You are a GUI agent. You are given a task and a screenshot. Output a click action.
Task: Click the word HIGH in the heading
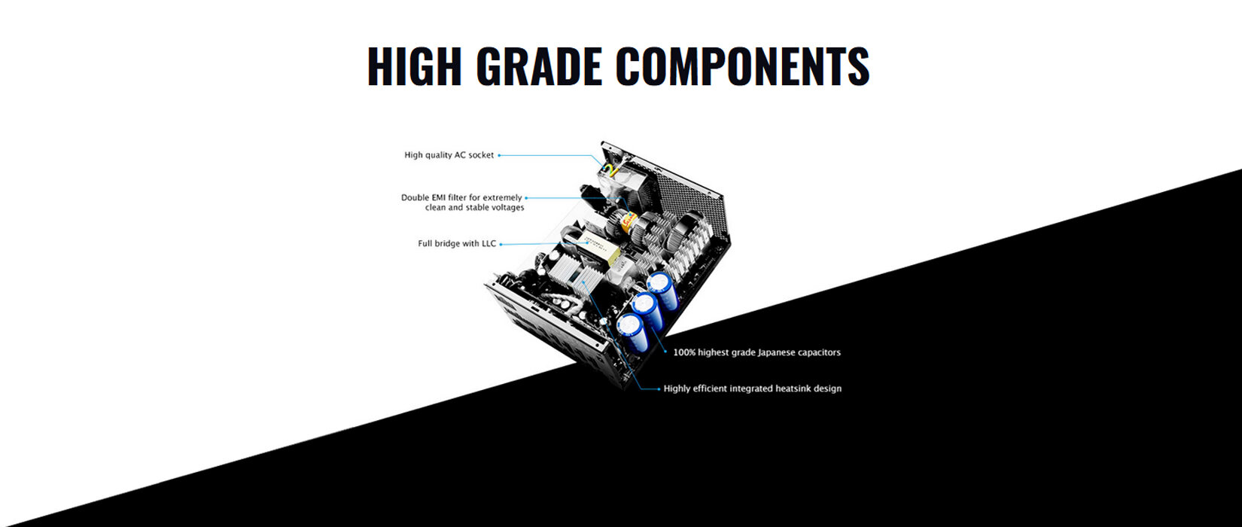pyautogui.click(x=415, y=66)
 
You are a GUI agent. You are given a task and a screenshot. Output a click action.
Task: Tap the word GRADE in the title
pyautogui.click(x=539, y=66)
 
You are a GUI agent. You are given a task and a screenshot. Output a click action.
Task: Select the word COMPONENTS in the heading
pyautogui.click(x=742, y=66)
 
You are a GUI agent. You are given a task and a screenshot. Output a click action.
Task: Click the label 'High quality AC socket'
pyautogui.click(x=449, y=155)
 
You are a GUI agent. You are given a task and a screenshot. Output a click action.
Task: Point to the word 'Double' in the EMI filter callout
pyautogui.click(x=415, y=197)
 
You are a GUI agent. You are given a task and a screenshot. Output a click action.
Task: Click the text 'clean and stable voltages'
pyautogui.click(x=474, y=208)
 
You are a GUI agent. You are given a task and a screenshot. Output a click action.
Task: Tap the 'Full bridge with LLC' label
pyautogui.click(x=457, y=243)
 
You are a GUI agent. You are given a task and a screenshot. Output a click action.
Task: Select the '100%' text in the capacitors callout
pyautogui.click(x=684, y=352)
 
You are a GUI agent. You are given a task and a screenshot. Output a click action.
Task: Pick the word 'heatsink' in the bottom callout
pyautogui.click(x=792, y=388)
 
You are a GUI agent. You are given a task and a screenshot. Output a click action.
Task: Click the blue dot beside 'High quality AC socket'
pyautogui.click(x=499, y=155)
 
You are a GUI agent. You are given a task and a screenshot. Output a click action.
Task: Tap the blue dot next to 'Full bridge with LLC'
pyautogui.click(x=501, y=244)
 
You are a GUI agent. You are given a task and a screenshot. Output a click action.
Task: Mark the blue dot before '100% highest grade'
pyautogui.click(x=666, y=352)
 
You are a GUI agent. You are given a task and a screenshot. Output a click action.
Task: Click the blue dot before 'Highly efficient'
pyautogui.click(x=659, y=389)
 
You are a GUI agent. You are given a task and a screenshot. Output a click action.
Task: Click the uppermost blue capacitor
pyautogui.click(x=662, y=290)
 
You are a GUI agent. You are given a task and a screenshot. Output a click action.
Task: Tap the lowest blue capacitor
pyautogui.click(x=632, y=332)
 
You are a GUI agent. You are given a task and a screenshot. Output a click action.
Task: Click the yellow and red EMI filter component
pyautogui.click(x=629, y=223)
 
